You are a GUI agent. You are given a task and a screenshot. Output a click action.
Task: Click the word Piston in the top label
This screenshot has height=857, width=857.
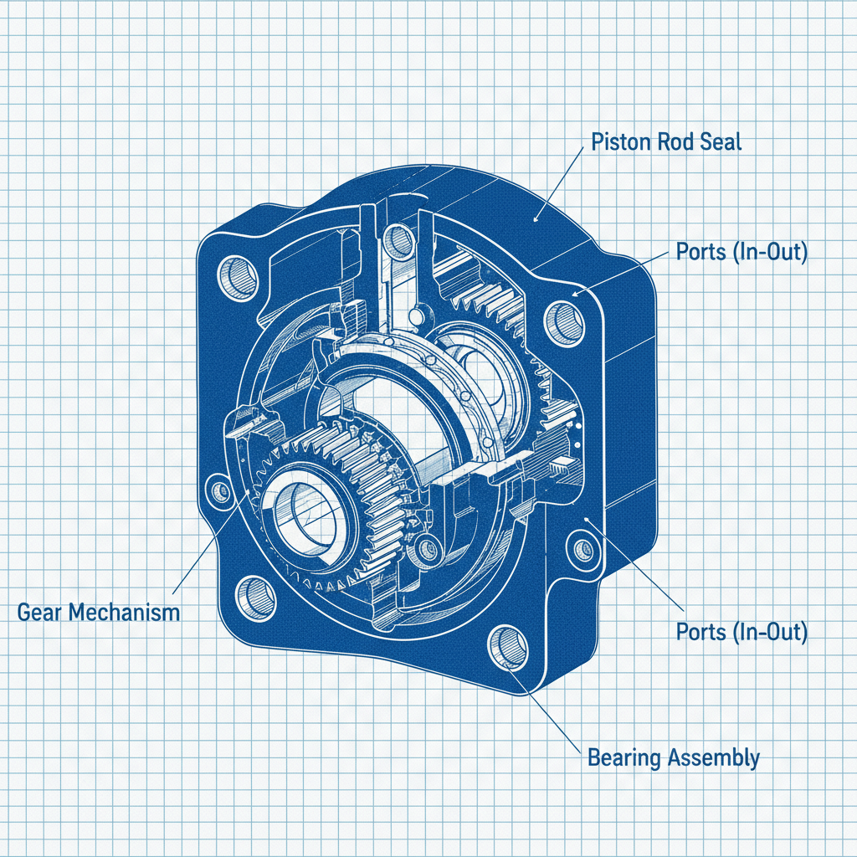620,141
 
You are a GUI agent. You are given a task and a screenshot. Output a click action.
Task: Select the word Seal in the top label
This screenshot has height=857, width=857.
721,141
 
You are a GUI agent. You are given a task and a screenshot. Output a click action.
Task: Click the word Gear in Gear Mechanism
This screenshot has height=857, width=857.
40,613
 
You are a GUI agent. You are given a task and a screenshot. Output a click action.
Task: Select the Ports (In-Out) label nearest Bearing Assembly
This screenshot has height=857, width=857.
741,632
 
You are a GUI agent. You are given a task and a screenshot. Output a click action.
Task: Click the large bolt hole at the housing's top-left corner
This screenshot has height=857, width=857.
239,278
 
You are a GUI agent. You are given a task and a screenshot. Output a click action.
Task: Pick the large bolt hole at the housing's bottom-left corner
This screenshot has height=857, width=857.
256,595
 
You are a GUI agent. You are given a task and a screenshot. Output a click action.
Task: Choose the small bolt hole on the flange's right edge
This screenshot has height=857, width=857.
579,549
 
